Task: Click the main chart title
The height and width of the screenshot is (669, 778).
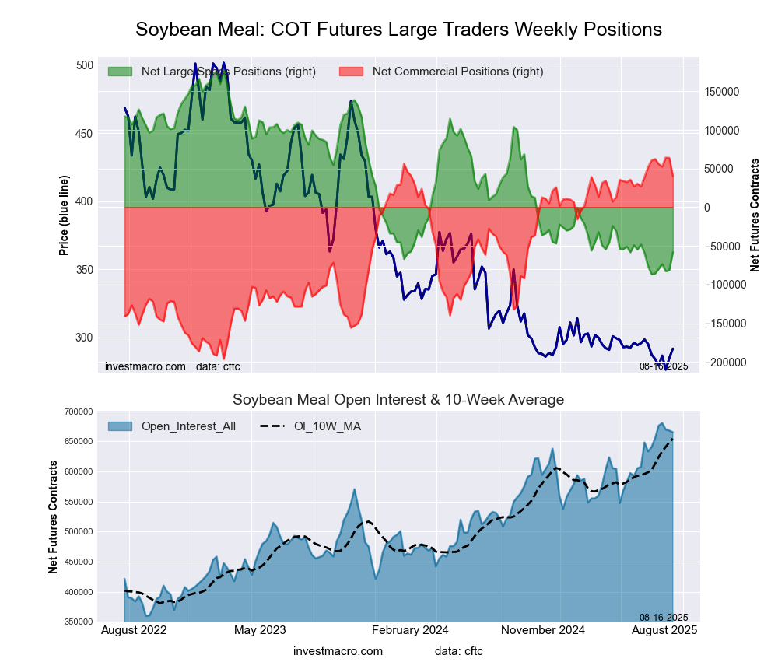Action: point(398,30)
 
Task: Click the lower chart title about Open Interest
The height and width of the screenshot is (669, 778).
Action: point(398,400)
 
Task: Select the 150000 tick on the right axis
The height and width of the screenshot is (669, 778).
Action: point(721,92)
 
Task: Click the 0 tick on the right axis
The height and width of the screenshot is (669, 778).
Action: point(708,208)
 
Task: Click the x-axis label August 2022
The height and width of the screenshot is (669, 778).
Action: point(135,630)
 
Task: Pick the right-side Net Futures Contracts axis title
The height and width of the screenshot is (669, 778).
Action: point(755,215)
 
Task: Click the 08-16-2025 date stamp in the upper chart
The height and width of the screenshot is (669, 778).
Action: point(664,366)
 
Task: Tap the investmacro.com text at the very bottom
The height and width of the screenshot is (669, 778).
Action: point(338,651)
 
